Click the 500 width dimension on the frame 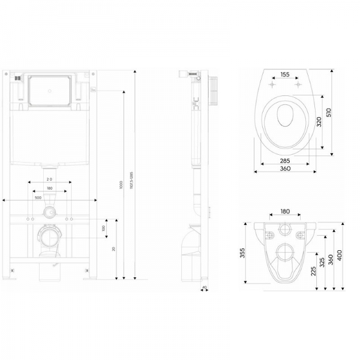click(38, 197)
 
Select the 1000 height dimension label click(120, 187)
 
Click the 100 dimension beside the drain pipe click(103, 229)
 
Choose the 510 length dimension click(328, 112)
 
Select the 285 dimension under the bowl click(284, 161)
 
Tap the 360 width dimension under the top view click(285, 170)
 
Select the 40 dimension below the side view click(205, 287)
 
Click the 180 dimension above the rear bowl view click(285, 211)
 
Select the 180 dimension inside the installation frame click(48, 188)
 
